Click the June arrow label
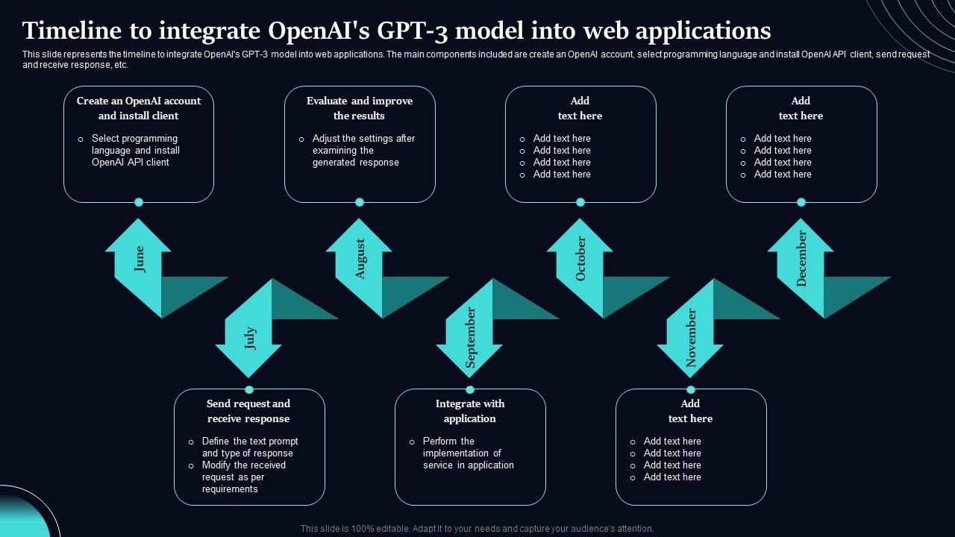(x=139, y=259)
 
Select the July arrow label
(x=250, y=338)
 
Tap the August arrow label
(x=360, y=259)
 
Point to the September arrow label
(x=471, y=338)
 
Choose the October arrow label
(x=581, y=259)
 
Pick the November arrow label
(x=691, y=338)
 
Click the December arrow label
(x=802, y=259)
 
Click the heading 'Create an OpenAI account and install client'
(x=139, y=108)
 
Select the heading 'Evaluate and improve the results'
(x=360, y=108)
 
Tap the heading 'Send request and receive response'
(x=248, y=411)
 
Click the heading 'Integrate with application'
(x=470, y=411)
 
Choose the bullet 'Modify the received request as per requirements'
(x=243, y=477)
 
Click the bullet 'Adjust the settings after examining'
(x=363, y=150)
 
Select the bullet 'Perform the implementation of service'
(x=468, y=453)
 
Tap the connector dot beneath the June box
(x=139, y=202)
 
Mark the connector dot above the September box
(x=470, y=389)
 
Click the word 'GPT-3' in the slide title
(x=407, y=31)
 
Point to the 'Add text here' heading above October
(x=580, y=108)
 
